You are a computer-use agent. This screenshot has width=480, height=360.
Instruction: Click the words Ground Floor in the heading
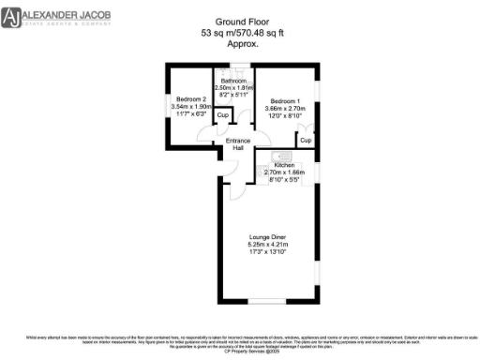[239, 20]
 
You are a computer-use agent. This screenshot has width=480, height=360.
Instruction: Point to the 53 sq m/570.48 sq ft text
[239, 32]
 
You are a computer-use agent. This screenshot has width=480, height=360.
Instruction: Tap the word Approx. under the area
[239, 44]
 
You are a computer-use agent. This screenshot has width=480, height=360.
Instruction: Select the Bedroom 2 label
[188, 98]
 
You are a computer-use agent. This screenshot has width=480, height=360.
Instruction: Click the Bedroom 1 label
[286, 99]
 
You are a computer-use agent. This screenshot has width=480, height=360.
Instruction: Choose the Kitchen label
[283, 165]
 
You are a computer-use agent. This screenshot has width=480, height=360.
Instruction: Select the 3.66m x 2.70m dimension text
[286, 108]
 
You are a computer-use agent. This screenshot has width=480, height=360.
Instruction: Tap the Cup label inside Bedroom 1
[306, 140]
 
